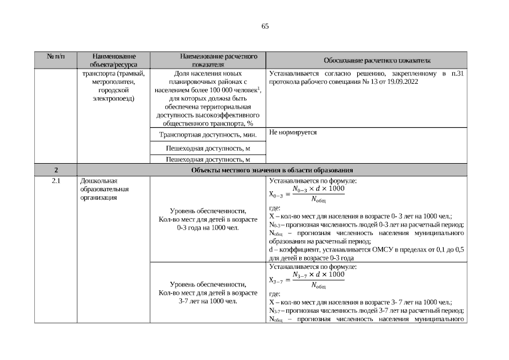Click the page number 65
point(265,26)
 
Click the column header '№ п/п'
point(55,57)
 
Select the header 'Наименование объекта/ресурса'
point(114,61)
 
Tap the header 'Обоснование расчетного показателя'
point(377,60)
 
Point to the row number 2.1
point(56,181)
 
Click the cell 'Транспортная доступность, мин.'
point(208,134)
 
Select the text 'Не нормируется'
point(293,132)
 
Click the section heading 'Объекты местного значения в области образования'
point(272,170)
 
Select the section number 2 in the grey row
point(56,170)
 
